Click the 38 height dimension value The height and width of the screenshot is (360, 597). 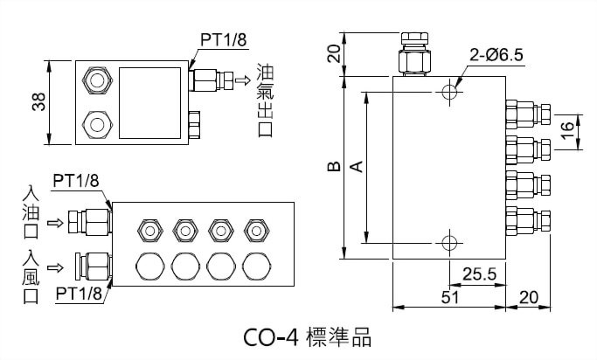(x=36, y=103)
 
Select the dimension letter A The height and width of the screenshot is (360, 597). (x=355, y=165)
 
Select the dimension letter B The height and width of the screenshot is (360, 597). (x=333, y=165)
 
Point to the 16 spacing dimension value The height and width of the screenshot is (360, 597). (x=568, y=131)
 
